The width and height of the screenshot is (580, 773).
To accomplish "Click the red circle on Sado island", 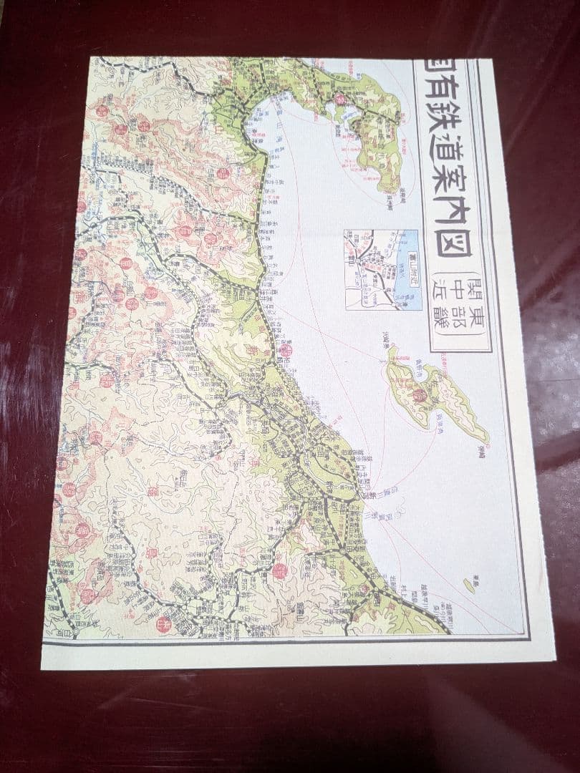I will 420,394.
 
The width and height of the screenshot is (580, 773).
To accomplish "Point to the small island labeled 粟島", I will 469,585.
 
